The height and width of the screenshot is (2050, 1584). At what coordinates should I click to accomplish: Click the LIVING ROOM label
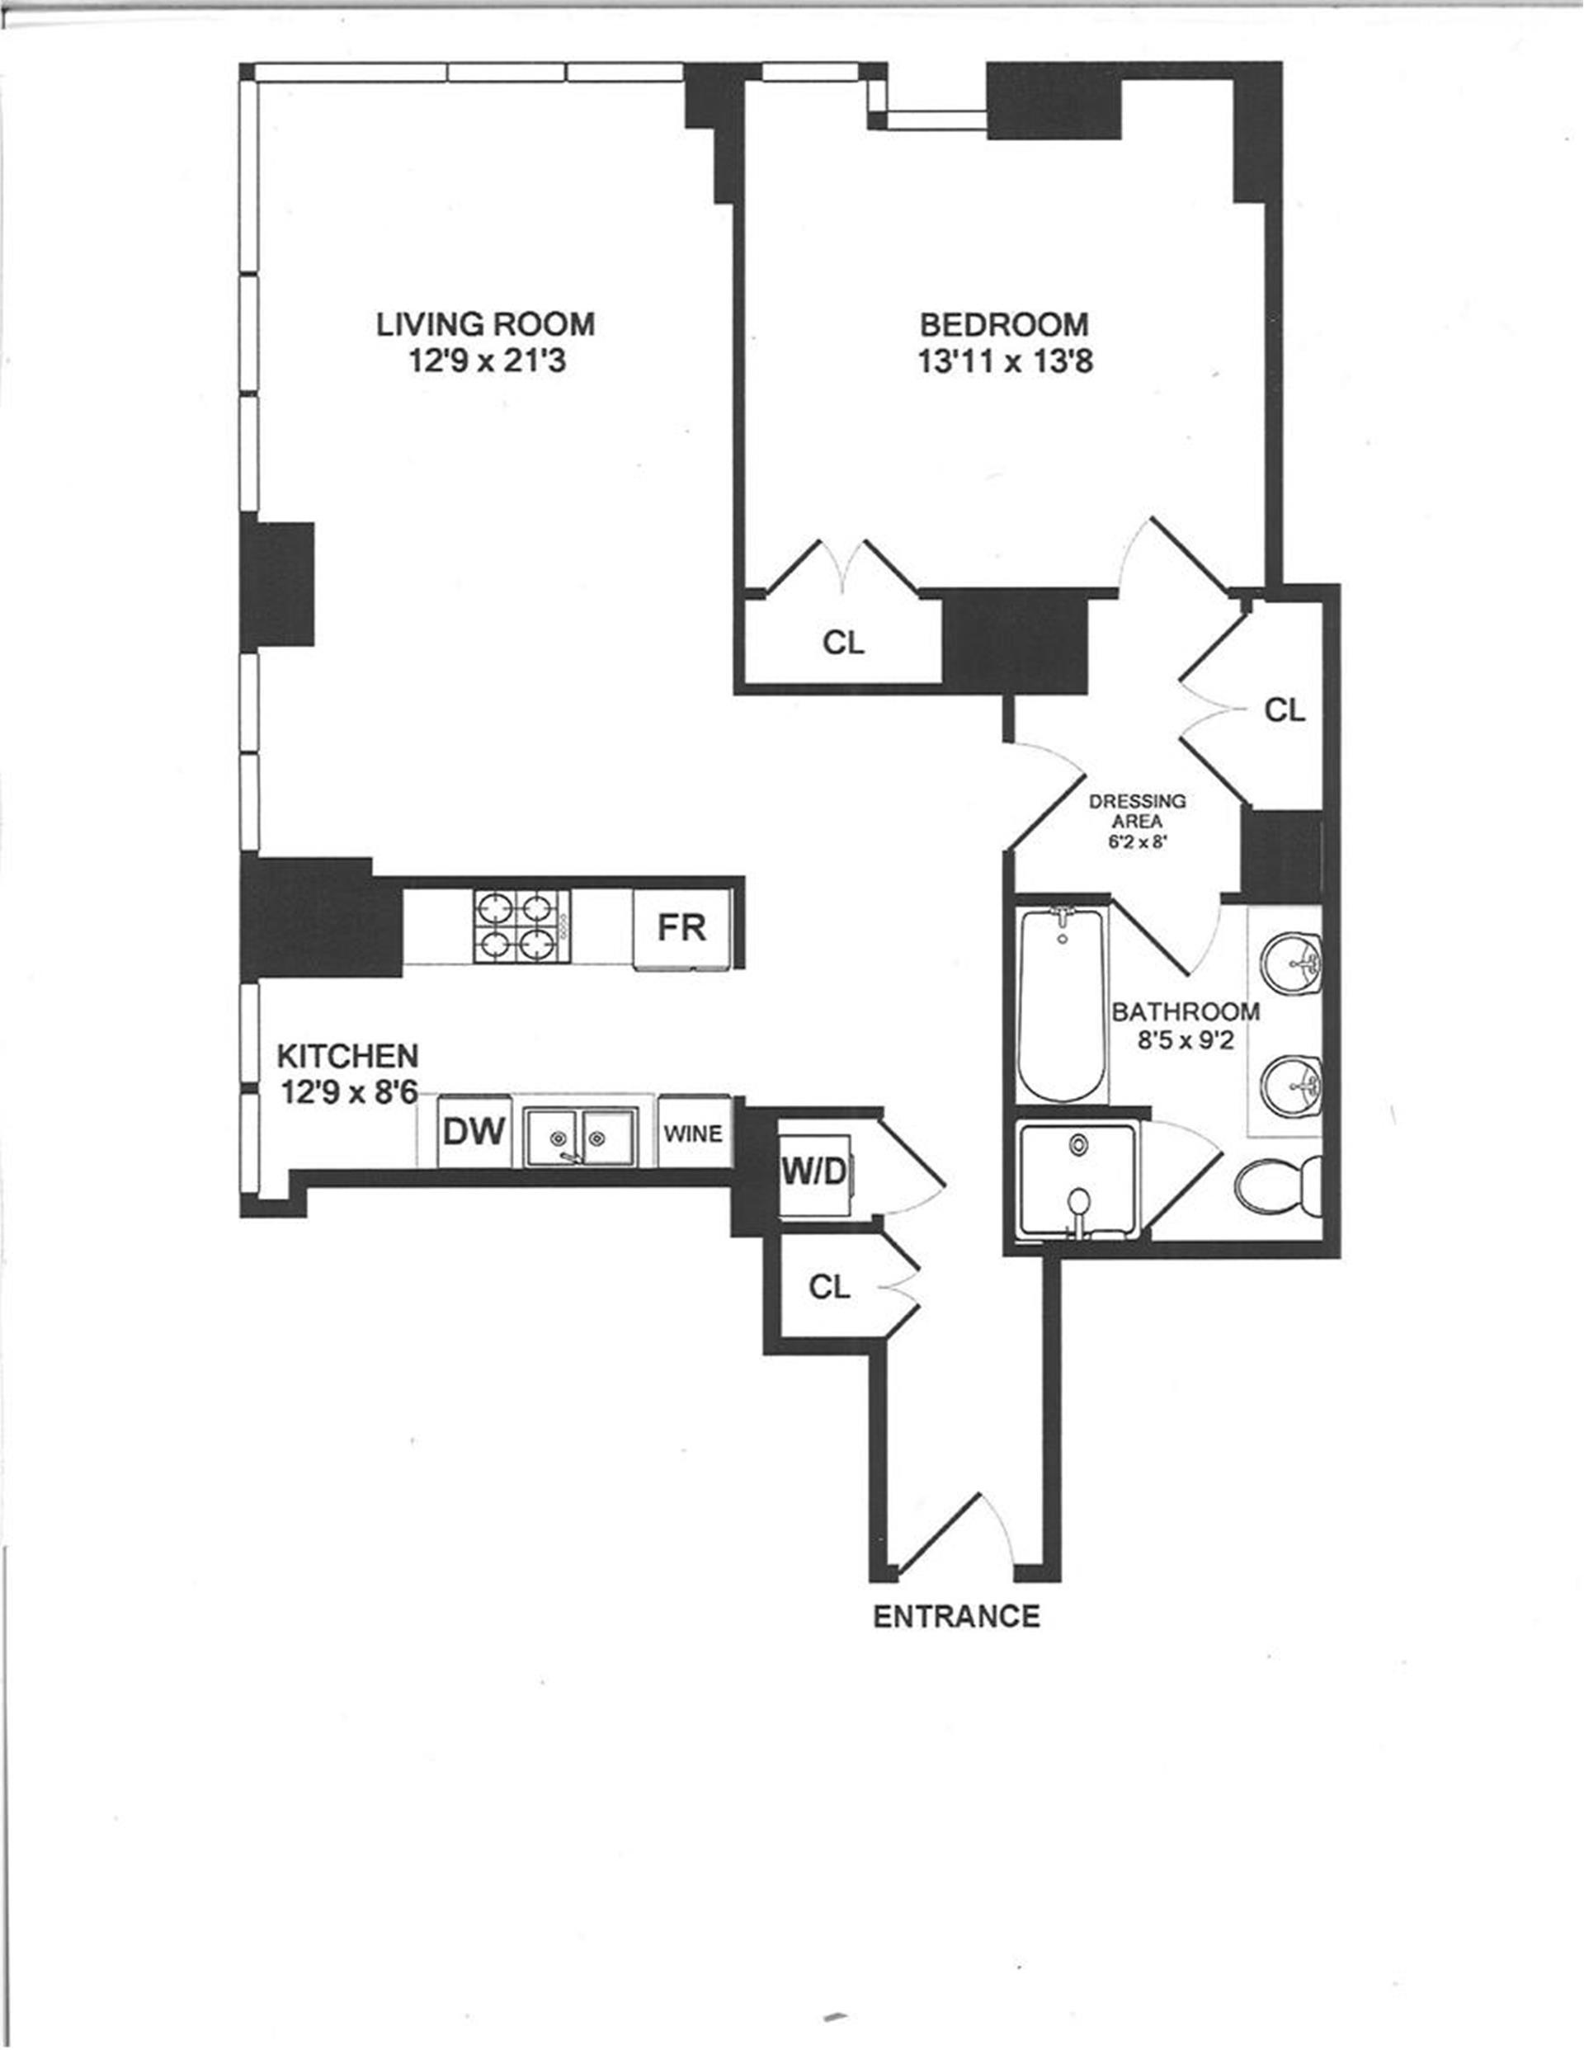pos(485,324)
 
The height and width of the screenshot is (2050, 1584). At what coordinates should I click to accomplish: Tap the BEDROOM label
pos(1004,324)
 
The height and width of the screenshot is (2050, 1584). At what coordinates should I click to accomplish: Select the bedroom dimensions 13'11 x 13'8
pos(1005,361)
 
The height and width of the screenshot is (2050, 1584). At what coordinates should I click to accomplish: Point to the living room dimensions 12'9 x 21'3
pos(487,361)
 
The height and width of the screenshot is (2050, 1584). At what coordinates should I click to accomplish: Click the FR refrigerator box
pos(681,927)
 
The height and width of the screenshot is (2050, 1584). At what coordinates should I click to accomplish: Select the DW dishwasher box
pos(474,1132)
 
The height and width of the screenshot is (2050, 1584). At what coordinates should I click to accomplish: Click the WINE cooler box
pos(693,1133)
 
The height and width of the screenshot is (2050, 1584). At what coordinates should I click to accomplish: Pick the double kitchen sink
pos(580,1137)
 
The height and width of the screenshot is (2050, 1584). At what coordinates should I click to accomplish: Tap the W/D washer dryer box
pos(814,1171)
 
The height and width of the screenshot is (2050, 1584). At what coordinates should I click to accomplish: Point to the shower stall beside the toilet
pos(1078,1180)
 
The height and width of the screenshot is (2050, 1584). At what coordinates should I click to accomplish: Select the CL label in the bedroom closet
pos(842,642)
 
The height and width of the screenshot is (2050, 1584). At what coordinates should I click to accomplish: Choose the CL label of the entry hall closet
pos(828,1287)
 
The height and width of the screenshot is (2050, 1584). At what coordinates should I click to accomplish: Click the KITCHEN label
pos(347,1056)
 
